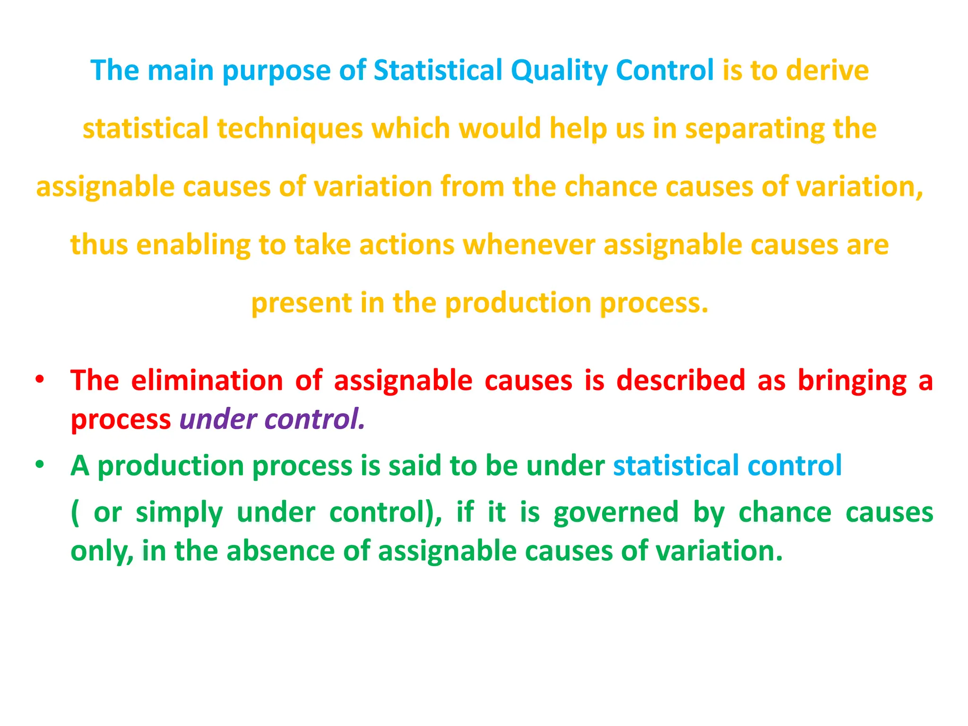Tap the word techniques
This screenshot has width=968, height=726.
290,129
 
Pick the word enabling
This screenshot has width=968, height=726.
193,245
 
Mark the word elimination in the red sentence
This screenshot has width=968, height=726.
207,380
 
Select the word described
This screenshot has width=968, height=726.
681,380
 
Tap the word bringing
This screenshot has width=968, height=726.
852,380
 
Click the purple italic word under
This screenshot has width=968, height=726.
218,419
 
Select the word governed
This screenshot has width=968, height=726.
616,513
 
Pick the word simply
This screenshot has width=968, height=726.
179,513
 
